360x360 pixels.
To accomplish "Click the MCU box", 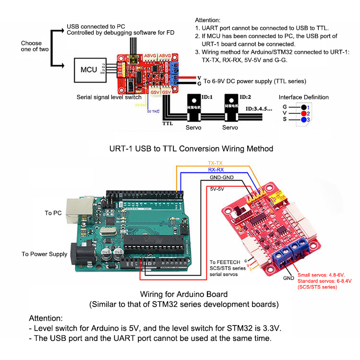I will [89, 70].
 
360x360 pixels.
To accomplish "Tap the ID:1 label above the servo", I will [208, 97].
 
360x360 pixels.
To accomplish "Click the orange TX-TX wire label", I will [216, 164].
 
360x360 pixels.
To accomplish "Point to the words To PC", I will [54, 212].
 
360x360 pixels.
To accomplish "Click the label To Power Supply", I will [45, 254].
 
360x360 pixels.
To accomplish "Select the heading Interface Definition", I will [304, 97].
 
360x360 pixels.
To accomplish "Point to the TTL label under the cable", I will [167, 123].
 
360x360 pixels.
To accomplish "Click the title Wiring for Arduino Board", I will [183, 294].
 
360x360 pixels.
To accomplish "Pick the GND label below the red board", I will [288, 278].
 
